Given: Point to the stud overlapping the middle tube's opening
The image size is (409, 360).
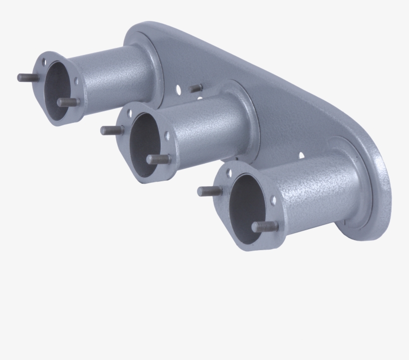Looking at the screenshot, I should click(x=159, y=159).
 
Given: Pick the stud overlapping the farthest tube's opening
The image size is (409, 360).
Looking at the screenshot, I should click(x=68, y=102).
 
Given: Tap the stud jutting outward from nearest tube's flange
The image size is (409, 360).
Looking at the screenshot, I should click(x=209, y=191).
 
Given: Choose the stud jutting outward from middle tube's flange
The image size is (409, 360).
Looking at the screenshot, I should click(x=112, y=130).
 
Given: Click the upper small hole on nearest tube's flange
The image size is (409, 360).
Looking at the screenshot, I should click(x=229, y=172).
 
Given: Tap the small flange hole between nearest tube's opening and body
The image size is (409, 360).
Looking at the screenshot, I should click(x=273, y=201).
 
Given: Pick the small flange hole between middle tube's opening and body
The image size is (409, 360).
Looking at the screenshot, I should click(x=167, y=135).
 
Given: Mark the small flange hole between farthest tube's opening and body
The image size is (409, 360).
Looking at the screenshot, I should click(x=76, y=80).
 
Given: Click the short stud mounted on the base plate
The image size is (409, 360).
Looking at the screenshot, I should click(x=196, y=88).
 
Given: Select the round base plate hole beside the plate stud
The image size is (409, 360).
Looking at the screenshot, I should click(x=179, y=90).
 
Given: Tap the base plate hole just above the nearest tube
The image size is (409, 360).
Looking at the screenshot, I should click(x=301, y=155).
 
